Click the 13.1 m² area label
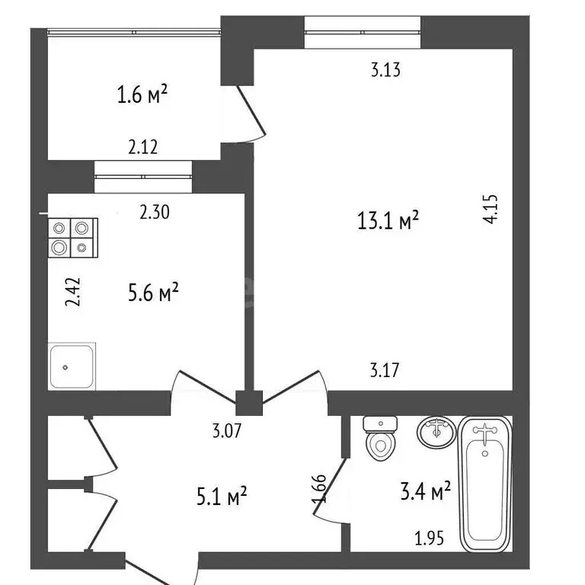tap(388, 222)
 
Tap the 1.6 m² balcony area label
tap(142, 95)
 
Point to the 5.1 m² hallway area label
tap(222, 498)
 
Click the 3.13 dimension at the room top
tap(385, 71)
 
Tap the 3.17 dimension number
tap(385, 372)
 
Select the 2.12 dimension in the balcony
tap(142, 148)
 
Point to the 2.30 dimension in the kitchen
tap(155, 214)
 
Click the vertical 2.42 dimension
tap(71, 292)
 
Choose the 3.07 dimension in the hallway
tap(227, 431)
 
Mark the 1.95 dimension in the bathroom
tap(429, 539)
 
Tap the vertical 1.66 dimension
tap(321, 489)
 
